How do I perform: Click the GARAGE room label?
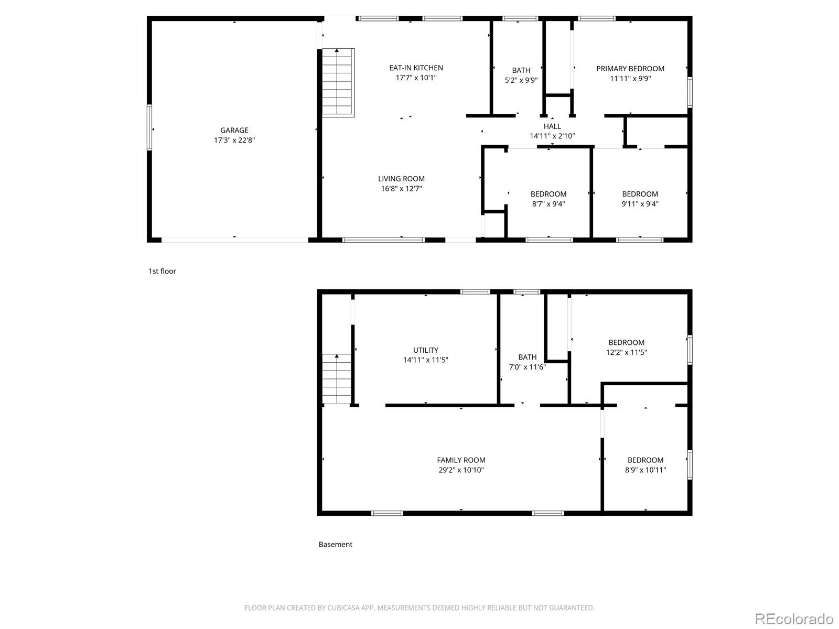click(234, 130)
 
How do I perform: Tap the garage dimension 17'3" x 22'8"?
click(234, 140)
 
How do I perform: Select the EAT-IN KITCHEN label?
click(416, 68)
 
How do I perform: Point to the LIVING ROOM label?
click(401, 179)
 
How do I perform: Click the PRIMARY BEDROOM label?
click(630, 69)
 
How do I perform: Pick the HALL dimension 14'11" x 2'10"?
click(552, 136)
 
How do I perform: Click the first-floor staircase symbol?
click(337, 82)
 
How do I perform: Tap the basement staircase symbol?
click(336, 378)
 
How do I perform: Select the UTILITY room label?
click(425, 350)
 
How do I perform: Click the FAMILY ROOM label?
click(461, 460)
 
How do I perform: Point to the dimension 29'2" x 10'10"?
click(461, 470)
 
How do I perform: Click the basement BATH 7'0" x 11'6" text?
click(527, 362)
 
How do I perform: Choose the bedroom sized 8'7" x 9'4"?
click(548, 199)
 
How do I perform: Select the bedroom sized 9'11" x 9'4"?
click(640, 199)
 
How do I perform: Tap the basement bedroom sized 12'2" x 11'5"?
click(626, 348)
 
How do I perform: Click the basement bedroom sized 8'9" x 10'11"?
click(645, 465)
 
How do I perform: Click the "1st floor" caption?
click(162, 271)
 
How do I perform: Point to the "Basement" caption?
click(335, 544)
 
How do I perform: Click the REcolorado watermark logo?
click(793, 619)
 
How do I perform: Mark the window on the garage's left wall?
click(149, 127)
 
